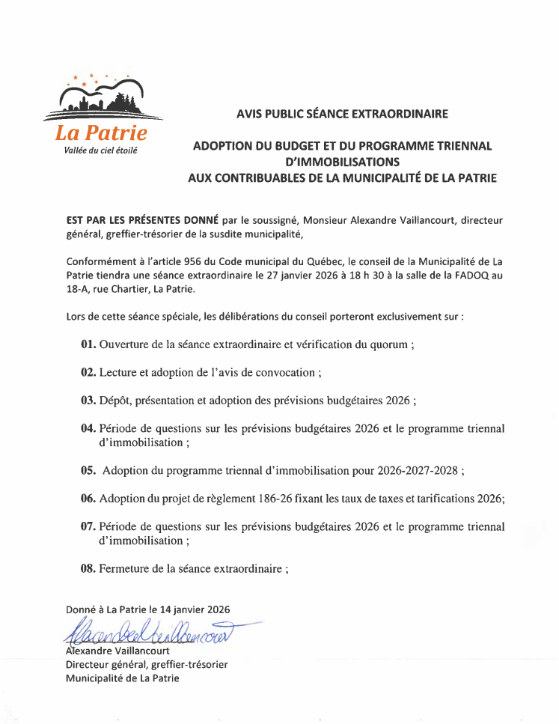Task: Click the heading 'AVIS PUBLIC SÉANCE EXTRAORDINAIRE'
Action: click(342, 114)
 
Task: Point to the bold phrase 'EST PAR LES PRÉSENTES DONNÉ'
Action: click(142, 220)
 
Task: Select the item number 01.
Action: click(88, 344)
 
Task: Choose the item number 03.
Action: click(88, 400)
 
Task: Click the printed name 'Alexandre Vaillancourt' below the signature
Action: click(117, 651)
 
